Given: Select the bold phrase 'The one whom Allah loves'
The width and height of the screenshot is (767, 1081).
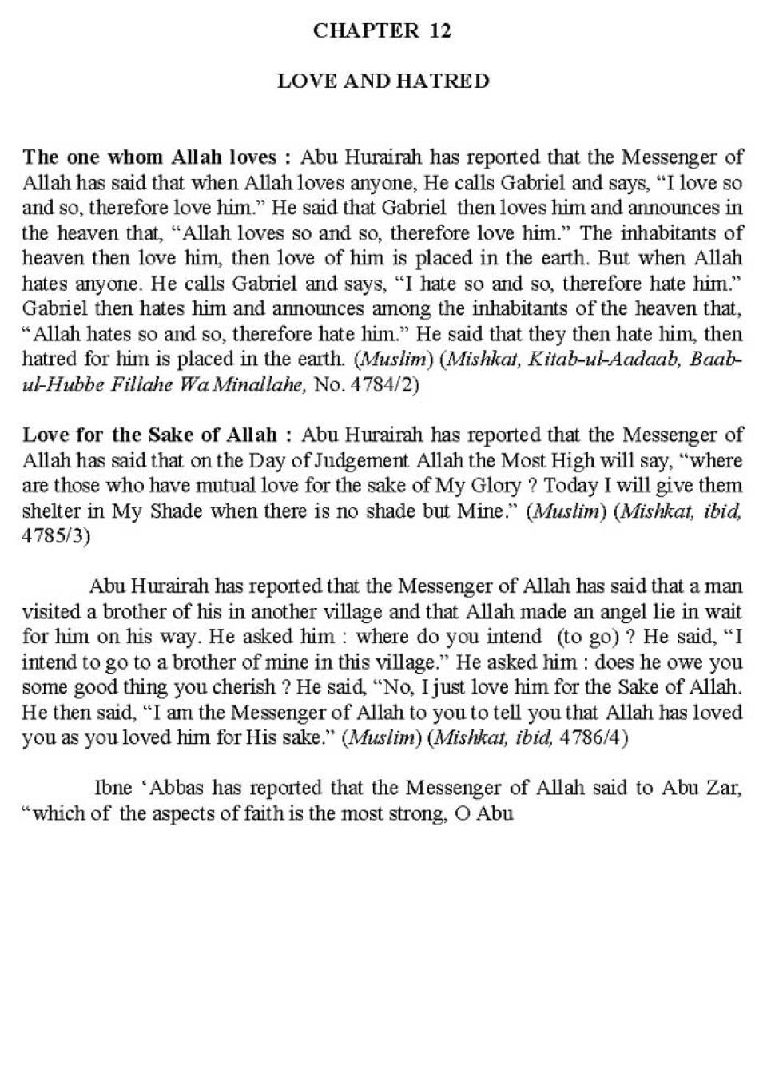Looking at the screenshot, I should pyautogui.click(x=149, y=157).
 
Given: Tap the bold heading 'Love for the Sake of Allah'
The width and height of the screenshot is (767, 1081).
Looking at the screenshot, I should pyautogui.click(x=149, y=435).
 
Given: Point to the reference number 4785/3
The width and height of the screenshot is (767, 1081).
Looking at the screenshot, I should pyautogui.click(x=56, y=536).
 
